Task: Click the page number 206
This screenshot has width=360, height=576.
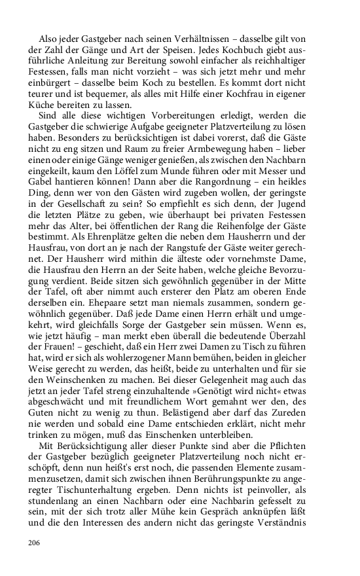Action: point(35,542)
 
